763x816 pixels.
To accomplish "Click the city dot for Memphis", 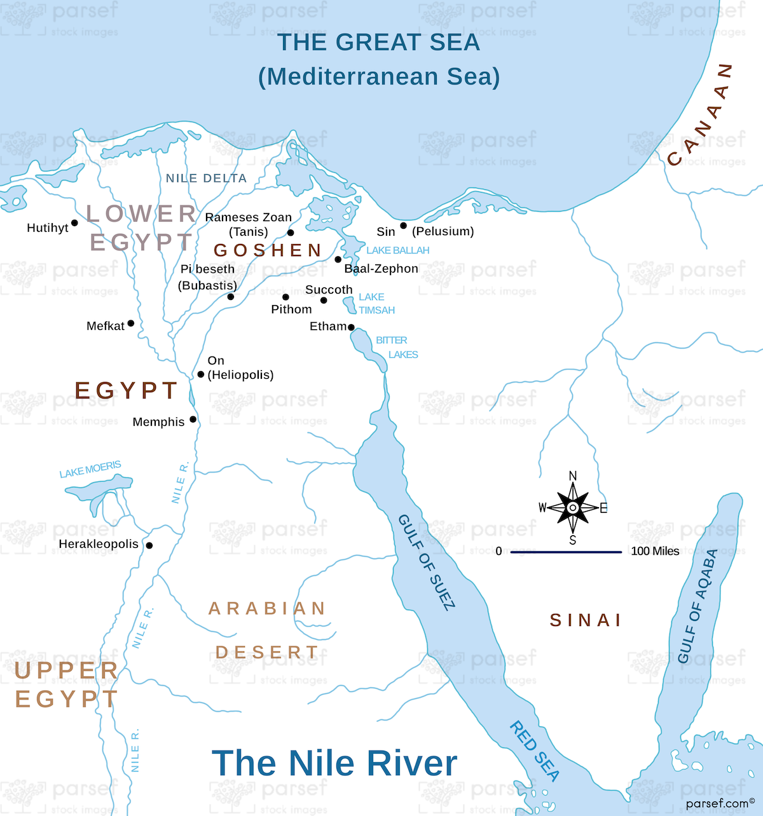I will pos(193,419).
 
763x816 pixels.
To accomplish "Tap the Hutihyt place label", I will pos(48,228).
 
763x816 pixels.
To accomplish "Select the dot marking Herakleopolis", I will pos(149,545).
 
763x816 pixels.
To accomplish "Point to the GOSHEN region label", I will pos(268,250).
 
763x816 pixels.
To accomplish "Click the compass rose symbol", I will pos(573,508).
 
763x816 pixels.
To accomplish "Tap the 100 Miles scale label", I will pos(655,551).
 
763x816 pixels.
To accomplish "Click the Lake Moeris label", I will pos(90,470).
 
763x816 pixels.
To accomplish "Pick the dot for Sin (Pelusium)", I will pos(403,226).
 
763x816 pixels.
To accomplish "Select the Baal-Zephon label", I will pos(381,269).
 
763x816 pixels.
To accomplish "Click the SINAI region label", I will pos(586,620).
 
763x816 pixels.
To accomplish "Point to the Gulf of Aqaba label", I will pos(698,606).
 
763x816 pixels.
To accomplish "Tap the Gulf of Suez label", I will pos(427,562).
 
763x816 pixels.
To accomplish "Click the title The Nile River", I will pos(334,763).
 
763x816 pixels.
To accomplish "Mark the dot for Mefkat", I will pos(131,323).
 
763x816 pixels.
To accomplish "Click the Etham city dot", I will pos(351,327).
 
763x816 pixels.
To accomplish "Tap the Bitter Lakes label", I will pos(397,348).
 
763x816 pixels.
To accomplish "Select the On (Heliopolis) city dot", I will pos(201,374).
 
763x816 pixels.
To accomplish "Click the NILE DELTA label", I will pos(206,179).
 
